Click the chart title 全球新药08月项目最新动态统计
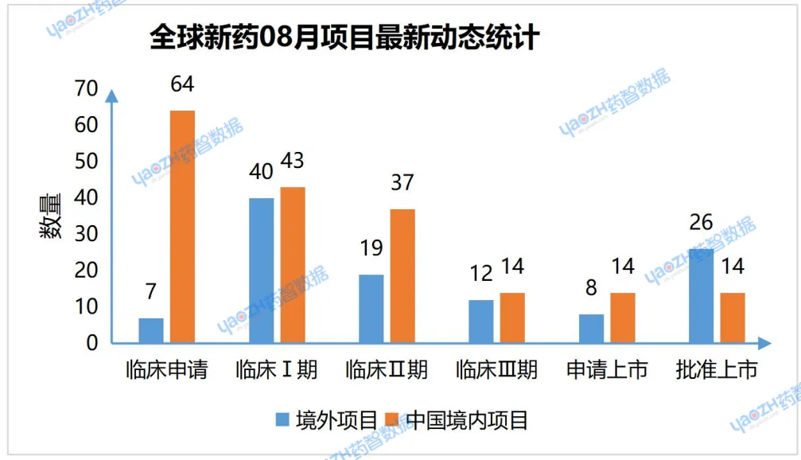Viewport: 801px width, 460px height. click(x=345, y=38)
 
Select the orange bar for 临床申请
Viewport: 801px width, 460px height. click(x=182, y=227)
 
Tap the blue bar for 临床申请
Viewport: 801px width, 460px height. click(x=151, y=330)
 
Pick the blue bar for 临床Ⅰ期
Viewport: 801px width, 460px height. click(x=262, y=271)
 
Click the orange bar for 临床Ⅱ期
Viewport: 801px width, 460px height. click(x=402, y=275)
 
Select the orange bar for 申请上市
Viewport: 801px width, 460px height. click(x=623, y=318)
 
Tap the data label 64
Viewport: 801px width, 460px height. click(x=181, y=84)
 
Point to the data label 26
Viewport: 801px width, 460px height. click(x=701, y=222)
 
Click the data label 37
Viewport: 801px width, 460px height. click(x=402, y=182)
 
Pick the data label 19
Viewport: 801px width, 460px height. click(x=371, y=248)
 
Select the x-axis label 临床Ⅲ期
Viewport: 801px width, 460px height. click(x=496, y=370)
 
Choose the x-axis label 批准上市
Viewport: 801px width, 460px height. click(x=716, y=370)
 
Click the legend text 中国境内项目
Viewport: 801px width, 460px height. click(x=467, y=419)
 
